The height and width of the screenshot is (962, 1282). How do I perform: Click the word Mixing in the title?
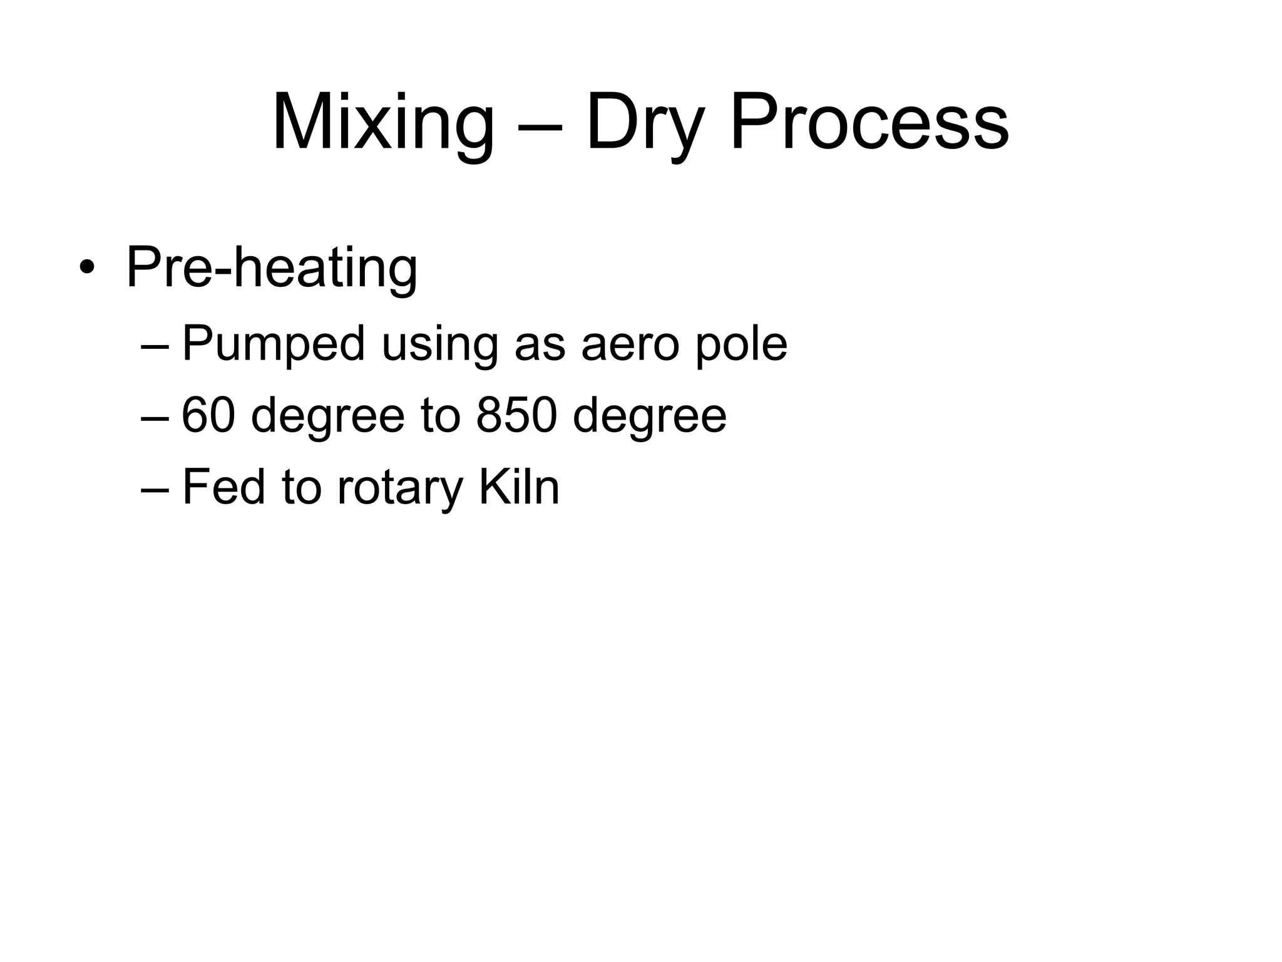coord(383,123)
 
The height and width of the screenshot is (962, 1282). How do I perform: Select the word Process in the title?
coord(869,123)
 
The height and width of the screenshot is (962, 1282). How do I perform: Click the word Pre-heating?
coord(272,269)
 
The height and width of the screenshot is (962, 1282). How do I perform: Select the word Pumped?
coord(273,344)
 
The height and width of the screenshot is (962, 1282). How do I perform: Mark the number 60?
coord(208,415)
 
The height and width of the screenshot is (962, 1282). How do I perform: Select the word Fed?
coord(223,487)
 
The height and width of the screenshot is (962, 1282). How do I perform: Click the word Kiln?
coord(519,487)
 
